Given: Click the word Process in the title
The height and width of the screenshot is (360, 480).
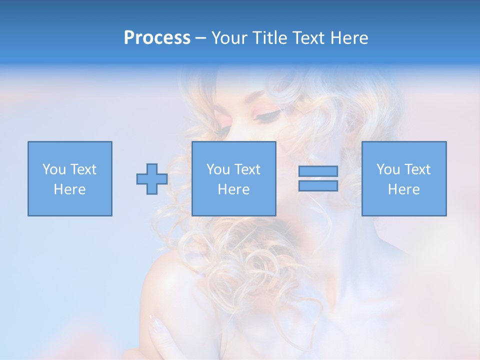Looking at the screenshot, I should pyautogui.click(x=157, y=37).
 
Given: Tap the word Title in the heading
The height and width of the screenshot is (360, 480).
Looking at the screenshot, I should pyautogui.click(x=268, y=37).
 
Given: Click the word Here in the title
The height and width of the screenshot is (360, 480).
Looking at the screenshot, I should pyautogui.click(x=350, y=37).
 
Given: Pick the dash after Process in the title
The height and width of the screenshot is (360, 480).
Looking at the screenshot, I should pyautogui.click(x=200, y=38).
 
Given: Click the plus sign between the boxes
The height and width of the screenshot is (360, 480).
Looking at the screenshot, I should pyautogui.click(x=152, y=179).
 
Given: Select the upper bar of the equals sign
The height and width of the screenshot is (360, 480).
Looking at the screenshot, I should pyautogui.click(x=318, y=171).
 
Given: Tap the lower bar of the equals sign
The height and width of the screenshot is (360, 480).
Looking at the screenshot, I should pyautogui.click(x=318, y=185).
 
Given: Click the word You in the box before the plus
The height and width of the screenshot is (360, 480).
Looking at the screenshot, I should pyautogui.click(x=54, y=169).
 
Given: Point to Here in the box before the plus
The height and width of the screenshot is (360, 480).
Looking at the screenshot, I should pyautogui.click(x=70, y=189).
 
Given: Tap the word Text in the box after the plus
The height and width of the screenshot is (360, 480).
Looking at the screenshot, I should pyautogui.click(x=247, y=169).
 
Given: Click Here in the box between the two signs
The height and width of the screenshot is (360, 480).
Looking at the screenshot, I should pyautogui.click(x=234, y=189).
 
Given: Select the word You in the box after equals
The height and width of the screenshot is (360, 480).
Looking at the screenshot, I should pyautogui.click(x=388, y=169).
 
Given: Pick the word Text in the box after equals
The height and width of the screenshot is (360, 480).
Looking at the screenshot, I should pyautogui.click(x=417, y=169).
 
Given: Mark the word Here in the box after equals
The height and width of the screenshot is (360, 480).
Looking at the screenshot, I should pyautogui.click(x=404, y=189).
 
